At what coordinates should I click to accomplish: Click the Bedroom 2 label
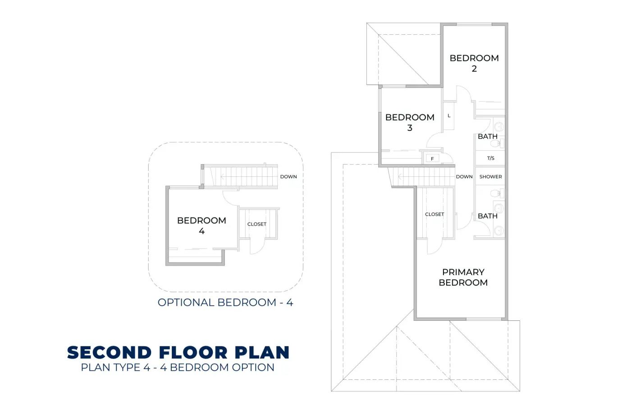point(474,63)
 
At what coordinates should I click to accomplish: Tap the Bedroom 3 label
point(410,122)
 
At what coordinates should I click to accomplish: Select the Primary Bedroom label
point(463,277)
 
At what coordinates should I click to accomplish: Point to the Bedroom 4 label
point(201,226)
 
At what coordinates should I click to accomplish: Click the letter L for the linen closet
point(449,115)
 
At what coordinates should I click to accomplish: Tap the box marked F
point(432,159)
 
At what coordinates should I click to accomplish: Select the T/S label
point(490,158)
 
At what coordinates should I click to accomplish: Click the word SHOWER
point(490,177)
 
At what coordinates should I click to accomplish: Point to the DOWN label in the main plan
point(464,177)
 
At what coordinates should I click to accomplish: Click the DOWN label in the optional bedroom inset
point(288,177)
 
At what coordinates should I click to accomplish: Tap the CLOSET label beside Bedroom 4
point(256,224)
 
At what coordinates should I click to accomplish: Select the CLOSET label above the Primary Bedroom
point(434,214)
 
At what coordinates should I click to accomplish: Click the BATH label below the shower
point(488,216)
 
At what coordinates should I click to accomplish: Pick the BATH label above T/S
point(488,136)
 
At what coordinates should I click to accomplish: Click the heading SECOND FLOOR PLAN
point(178,353)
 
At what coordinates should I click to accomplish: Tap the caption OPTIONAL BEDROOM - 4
point(225,302)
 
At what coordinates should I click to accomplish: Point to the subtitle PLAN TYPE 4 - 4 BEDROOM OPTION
point(178,368)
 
